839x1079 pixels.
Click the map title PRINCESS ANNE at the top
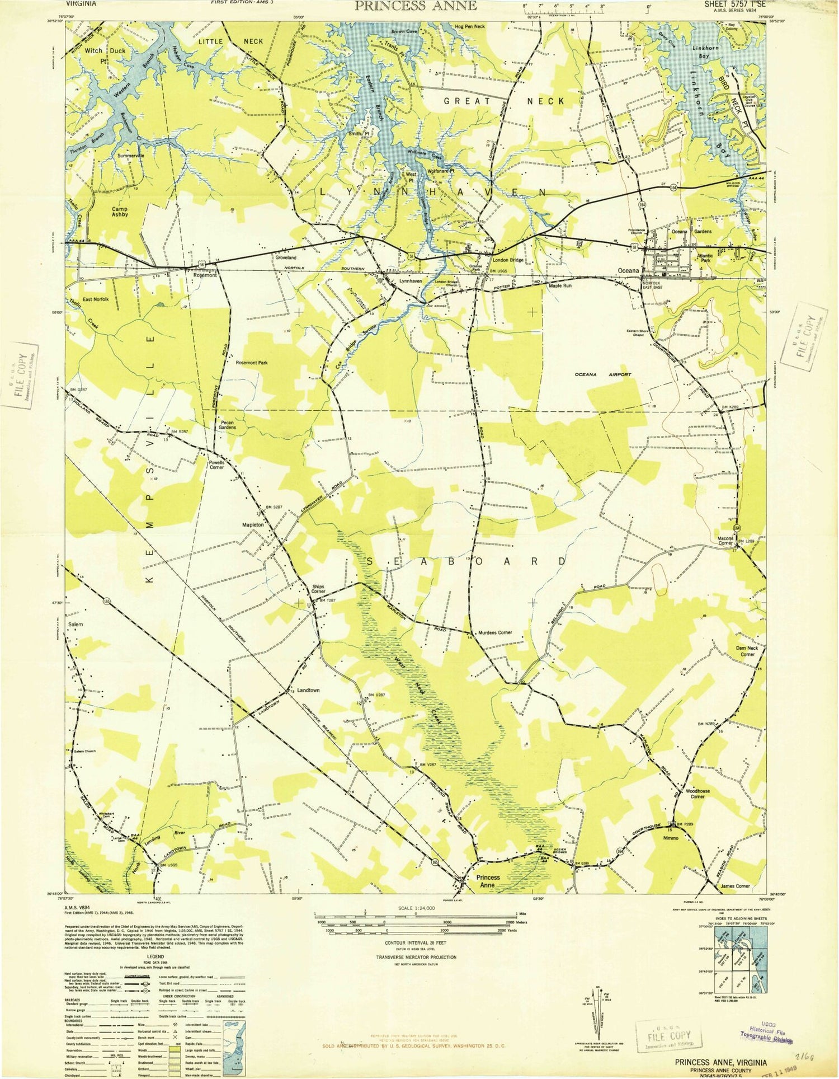(x=416, y=6)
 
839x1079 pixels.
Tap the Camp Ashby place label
(x=120, y=210)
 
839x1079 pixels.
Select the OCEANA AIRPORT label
(x=603, y=374)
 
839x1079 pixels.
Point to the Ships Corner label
(x=318, y=589)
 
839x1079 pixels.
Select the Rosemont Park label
(x=251, y=363)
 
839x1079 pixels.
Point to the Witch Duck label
(x=105, y=50)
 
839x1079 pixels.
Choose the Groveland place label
(x=286, y=257)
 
